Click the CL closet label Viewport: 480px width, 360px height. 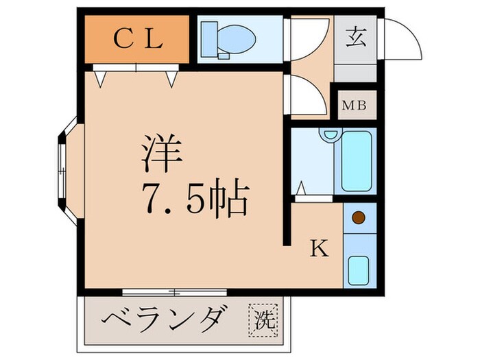(x=136, y=38)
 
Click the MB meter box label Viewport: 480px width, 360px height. (x=355, y=106)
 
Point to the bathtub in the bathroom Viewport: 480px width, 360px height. (x=356, y=161)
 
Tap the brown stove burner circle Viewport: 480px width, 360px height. (x=358, y=219)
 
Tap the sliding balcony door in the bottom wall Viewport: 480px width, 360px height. (x=176, y=292)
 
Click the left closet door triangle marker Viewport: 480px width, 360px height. (x=101, y=78)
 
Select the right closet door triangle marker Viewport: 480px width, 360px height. (x=171, y=78)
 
